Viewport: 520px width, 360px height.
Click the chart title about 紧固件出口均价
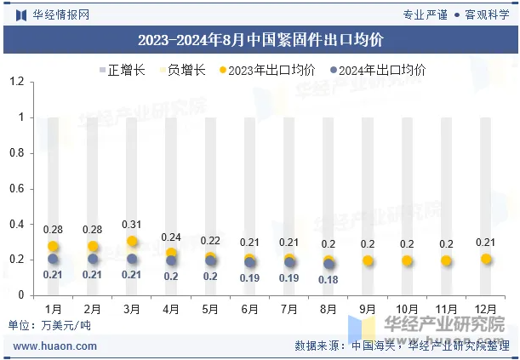[x=260, y=40]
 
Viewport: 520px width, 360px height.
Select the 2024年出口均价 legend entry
[x=377, y=70]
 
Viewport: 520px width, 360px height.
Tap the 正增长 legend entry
[x=119, y=70]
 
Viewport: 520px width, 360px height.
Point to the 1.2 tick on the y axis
[x=16, y=82]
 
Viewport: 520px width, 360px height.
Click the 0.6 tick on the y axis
[x=16, y=189]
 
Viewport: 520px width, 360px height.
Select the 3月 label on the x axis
[x=132, y=307]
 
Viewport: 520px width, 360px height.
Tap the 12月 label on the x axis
[x=486, y=307]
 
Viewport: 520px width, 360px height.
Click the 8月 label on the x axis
[x=329, y=307]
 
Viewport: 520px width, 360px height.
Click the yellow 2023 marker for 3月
[x=132, y=242]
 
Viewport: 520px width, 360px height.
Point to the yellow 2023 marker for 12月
[x=486, y=259]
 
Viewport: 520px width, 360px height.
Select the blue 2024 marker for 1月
[x=53, y=259]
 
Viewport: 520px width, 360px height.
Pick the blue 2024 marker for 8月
[x=329, y=264]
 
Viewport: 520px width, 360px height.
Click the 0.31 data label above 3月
[x=132, y=224]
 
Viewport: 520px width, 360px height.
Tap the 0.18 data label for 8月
[x=329, y=278]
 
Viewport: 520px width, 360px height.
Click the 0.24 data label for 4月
[x=171, y=237]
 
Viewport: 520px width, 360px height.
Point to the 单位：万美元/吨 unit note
[x=49, y=325]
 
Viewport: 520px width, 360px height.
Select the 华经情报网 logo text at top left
[x=53, y=14]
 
